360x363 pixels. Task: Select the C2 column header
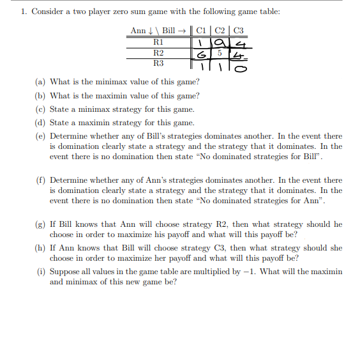point(220,31)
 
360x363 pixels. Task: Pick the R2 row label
point(159,53)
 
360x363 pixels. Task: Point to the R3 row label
point(159,64)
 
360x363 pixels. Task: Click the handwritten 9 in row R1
point(220,43)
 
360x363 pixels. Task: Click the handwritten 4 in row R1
point(240,43)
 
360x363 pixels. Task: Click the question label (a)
point(40,82)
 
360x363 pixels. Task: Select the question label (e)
point(40,137)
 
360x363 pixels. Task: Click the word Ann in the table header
point(137,31)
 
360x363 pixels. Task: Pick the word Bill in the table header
point(169,31)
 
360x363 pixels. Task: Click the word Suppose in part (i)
point(64,272)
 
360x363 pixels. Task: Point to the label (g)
point(40,224)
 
